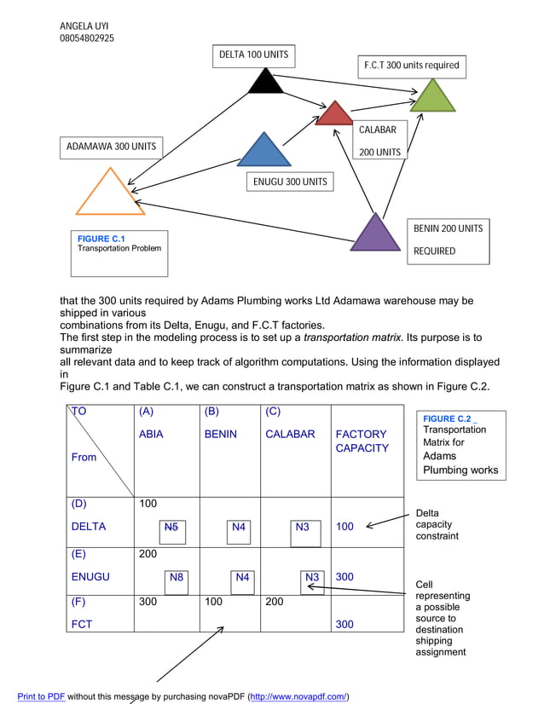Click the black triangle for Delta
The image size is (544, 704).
(x=265, y=83)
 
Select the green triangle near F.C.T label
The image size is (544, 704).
(x=432, y=98)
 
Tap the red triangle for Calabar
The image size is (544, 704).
(x=334, y=115)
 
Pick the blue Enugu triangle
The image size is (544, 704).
(x=264, y=152)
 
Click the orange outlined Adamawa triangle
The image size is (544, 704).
(x=110, y=195)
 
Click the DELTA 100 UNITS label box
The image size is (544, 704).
(x=253, y=55)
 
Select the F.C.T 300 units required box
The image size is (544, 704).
(x=411, y=66)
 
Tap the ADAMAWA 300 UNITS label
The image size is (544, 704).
(x=111, y=147)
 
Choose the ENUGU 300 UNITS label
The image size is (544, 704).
(x=290, y=182)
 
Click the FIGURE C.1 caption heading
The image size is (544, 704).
(x=101, y=239)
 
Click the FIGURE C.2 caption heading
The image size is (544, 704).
(x=447, y=418)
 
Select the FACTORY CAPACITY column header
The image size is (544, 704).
(x=362, y=441)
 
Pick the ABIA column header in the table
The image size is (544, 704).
(x=151, y=434)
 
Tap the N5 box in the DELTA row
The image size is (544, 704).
(x=171, y=528)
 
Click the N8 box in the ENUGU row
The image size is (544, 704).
(x=177, y=577)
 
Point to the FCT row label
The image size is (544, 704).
(x=82, y=624)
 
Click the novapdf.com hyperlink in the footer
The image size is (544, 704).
(x=298, y=696)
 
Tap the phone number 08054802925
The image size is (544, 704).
(x=87, y=38)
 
